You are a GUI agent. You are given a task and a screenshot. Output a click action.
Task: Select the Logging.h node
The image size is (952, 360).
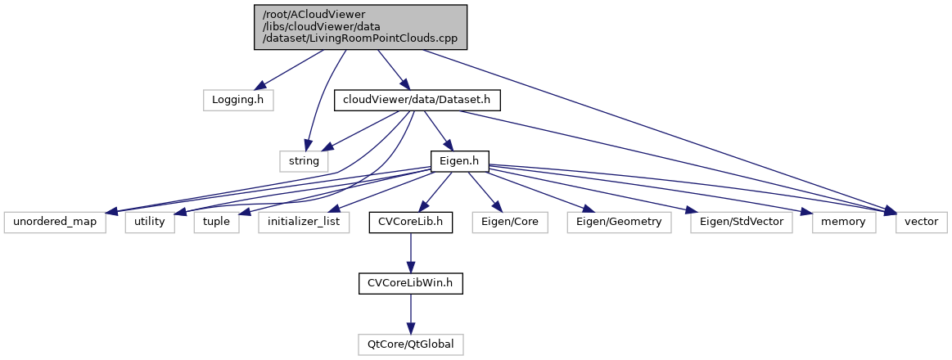[237, 100]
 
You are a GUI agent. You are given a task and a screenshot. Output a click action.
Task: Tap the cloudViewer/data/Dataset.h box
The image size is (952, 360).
[417, 100]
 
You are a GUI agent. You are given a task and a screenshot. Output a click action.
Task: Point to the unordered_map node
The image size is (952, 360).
[55, 222]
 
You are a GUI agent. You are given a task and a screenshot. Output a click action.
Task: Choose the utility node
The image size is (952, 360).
[150, 222]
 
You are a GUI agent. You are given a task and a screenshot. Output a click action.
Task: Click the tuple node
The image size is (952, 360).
[216, 222]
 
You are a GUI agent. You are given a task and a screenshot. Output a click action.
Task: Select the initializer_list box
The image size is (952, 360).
[304, 222]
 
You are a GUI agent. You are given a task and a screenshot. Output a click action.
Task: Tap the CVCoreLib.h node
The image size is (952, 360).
[410, 222]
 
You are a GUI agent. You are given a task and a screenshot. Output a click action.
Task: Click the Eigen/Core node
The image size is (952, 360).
[509, 222]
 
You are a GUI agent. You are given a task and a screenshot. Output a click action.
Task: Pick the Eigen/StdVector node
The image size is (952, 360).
[741, 222]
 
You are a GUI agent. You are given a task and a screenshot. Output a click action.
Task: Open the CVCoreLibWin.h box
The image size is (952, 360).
[410, 283]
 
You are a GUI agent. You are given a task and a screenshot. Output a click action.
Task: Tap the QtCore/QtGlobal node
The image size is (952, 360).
[410, 344]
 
